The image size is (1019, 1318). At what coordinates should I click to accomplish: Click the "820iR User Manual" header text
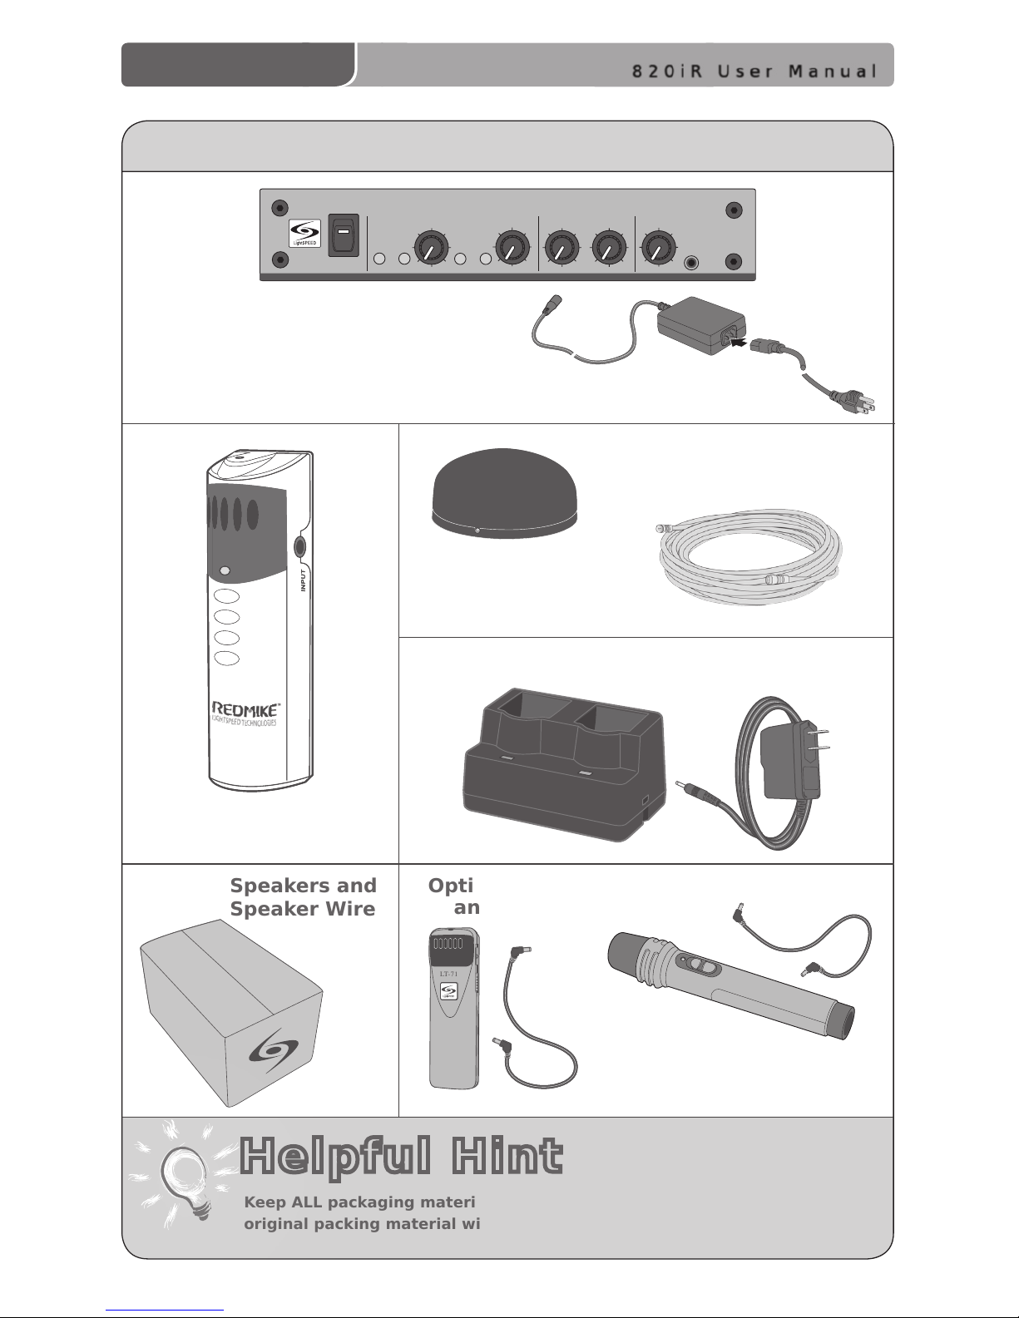pyautogui.click(x=754, y=71)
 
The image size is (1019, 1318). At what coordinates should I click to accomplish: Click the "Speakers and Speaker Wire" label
pyautogui.click(x=303, y=897)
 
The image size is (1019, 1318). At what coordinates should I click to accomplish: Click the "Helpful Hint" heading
pyautogui.click(x=401, y=1157)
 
